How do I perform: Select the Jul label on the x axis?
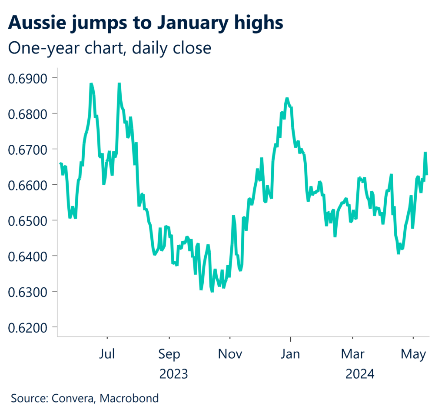click(x=107, y=354)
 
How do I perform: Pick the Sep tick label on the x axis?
click(x=169, y=354)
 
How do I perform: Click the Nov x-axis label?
click(x=230, y=354)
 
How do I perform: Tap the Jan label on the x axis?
click(x=290, y=354)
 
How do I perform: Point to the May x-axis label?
click(x=413, y=354)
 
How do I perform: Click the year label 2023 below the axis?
click(x=173, y=373)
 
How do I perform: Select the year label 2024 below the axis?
click(x=359, y=373)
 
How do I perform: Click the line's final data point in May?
click(x=427, y=174)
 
